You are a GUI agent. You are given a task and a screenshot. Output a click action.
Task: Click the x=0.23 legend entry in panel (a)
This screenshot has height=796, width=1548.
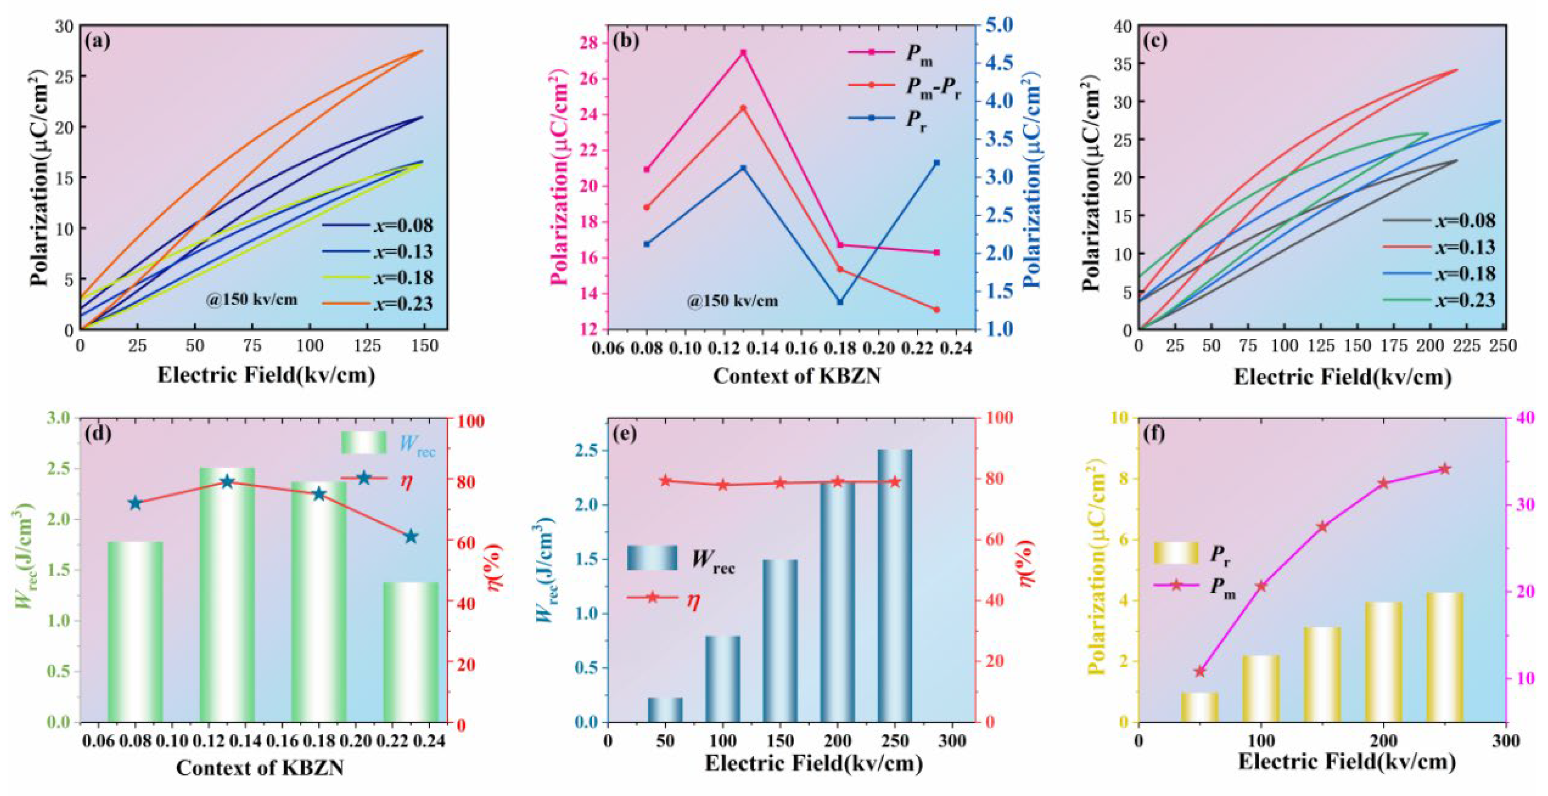click(x=377, y=303)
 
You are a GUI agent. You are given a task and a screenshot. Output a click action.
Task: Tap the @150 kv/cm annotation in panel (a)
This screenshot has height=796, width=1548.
click(x=251, y=299)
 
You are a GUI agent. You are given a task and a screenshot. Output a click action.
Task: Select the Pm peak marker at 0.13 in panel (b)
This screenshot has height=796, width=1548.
click(x=743, y=52)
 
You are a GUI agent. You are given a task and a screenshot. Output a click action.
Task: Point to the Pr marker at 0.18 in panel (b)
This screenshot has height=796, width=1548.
click(x=840, y=302)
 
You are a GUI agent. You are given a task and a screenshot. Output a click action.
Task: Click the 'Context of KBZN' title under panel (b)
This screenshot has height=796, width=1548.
click(x=797, y=376)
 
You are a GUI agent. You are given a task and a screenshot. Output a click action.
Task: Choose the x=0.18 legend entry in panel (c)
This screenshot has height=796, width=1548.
click(x=1439, y=273)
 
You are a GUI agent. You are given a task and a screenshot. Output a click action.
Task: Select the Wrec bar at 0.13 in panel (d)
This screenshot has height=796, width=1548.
click(x=227, y=595)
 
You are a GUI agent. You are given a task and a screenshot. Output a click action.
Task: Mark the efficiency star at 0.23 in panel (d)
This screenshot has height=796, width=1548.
click(x=411, y=536)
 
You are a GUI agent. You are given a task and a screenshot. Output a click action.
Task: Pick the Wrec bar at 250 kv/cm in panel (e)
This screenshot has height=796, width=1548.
click(x=895, y=586)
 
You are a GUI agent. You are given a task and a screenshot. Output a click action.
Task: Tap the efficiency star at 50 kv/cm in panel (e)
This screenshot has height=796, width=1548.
click(x=665, y=481)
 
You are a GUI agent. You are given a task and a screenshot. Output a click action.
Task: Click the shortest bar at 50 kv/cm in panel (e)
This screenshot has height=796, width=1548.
click(x=665, y=709)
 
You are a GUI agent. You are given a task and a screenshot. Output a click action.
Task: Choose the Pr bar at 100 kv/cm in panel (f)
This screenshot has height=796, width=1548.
click(x=1261, y=689)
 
